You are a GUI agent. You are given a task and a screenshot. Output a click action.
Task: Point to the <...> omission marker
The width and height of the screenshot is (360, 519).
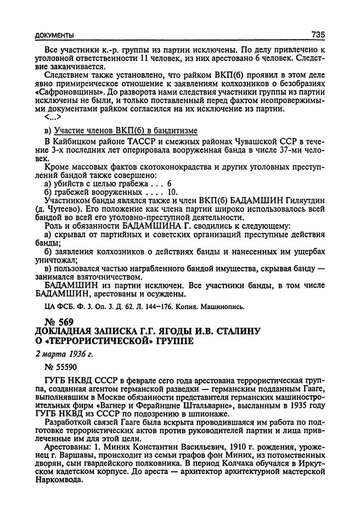54,117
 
